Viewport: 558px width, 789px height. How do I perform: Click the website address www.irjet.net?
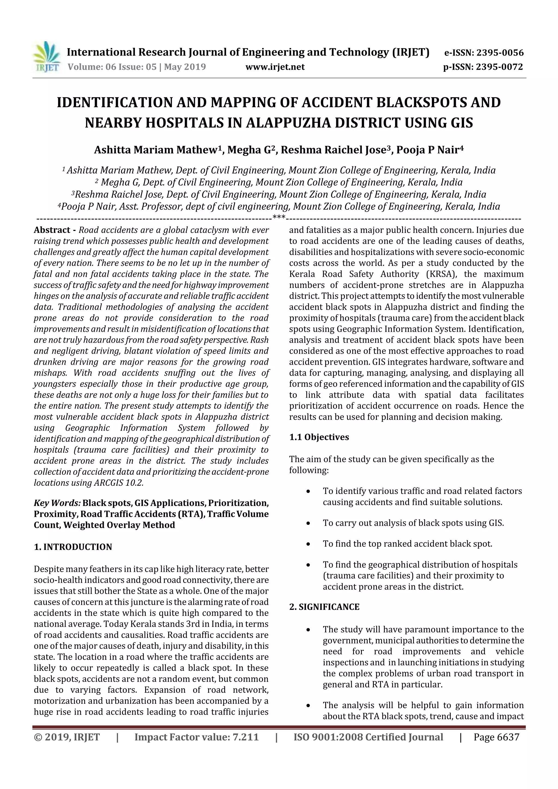point(275,67)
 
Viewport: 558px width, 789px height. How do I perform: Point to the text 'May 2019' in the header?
point(185,67)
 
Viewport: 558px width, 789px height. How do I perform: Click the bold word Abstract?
point(51,230)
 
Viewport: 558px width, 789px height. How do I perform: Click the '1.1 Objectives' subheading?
point(319,437)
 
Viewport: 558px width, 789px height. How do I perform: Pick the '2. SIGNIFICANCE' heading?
point(324,607)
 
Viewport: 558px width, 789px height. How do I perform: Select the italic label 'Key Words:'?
point(57,503)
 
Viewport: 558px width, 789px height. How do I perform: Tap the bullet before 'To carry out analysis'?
point(308,524)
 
